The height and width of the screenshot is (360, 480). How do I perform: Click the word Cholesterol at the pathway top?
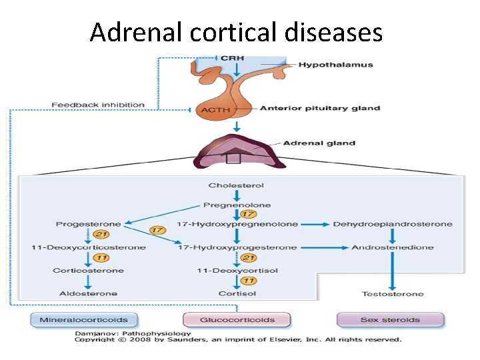click(x=236, y=185)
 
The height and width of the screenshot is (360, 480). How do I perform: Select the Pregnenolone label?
click(x=236, y=205)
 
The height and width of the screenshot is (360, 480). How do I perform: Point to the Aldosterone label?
click(x=89, y=293)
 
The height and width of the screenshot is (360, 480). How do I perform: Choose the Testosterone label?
click(x=392, y=293)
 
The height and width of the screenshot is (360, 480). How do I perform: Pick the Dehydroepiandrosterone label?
click(x=392, y=224)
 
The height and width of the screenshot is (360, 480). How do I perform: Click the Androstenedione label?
click(x=392, y=247)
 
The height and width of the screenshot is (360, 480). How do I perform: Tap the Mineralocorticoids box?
click(x=83, y=320)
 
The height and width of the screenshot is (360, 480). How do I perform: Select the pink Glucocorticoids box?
click(x=237, y=320)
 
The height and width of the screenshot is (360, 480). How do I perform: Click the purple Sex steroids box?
click(x=390, y=320)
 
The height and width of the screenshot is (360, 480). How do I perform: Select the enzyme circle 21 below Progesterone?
click(x=101, y=235)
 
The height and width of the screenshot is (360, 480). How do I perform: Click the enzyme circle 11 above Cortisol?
click(x=248, y=281)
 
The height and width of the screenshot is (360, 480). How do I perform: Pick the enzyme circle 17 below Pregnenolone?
click(x=248, y=214)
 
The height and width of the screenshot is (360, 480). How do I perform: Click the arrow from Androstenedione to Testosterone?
click(x=392, y=270)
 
